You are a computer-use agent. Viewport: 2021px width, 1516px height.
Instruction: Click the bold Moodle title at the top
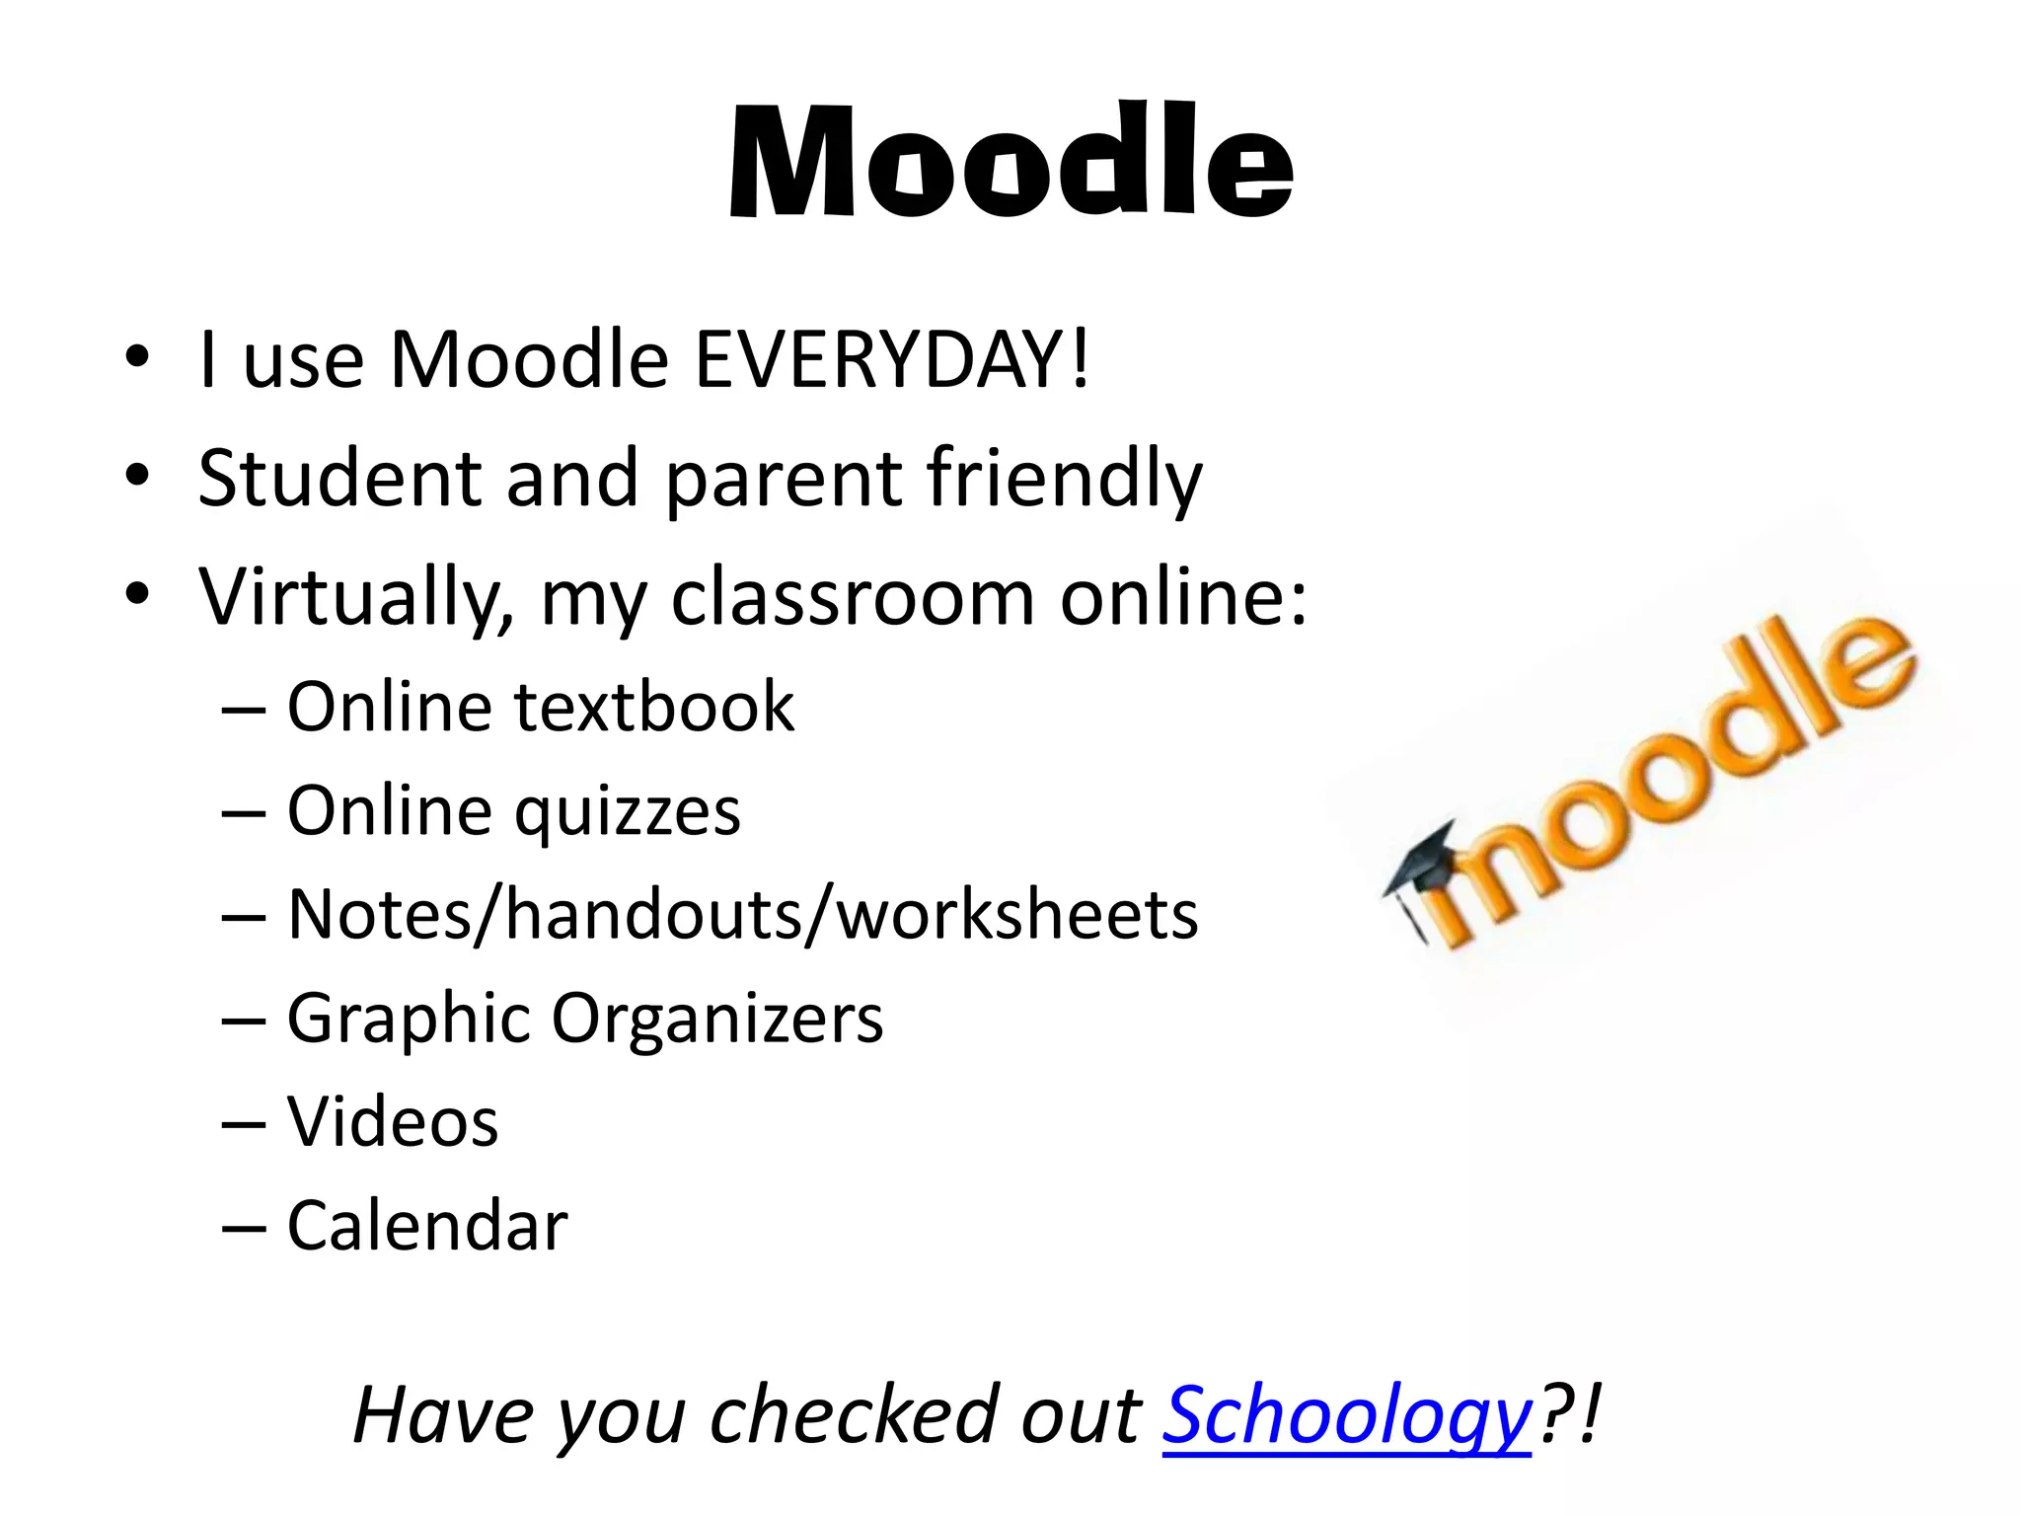(x=1010, y=160)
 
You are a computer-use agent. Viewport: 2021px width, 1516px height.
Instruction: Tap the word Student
(x=339, y=479)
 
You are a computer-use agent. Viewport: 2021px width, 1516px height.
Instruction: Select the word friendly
(x=1065, y=481)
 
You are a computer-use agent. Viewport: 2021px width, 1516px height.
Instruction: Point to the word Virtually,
(x=356, y=599)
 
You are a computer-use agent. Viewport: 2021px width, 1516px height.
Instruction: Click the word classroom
(x=853, y=597)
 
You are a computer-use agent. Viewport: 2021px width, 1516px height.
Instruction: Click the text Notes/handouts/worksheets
(x=742, y=914)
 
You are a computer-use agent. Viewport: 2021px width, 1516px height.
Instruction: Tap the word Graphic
(x=409, y=1020)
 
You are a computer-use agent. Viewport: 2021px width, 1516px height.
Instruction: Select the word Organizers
(x=717, y=1020)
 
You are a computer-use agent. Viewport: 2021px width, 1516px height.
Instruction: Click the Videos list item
(x=393, y=1122)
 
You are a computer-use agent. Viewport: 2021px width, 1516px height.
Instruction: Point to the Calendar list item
(x=427, y=1226)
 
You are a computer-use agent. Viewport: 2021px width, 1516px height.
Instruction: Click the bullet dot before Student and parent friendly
(x=137, y=477)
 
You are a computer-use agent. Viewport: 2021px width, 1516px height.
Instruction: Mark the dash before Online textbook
(x=244, y=709)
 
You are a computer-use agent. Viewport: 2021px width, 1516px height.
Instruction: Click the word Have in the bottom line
(x=441, y=1415)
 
